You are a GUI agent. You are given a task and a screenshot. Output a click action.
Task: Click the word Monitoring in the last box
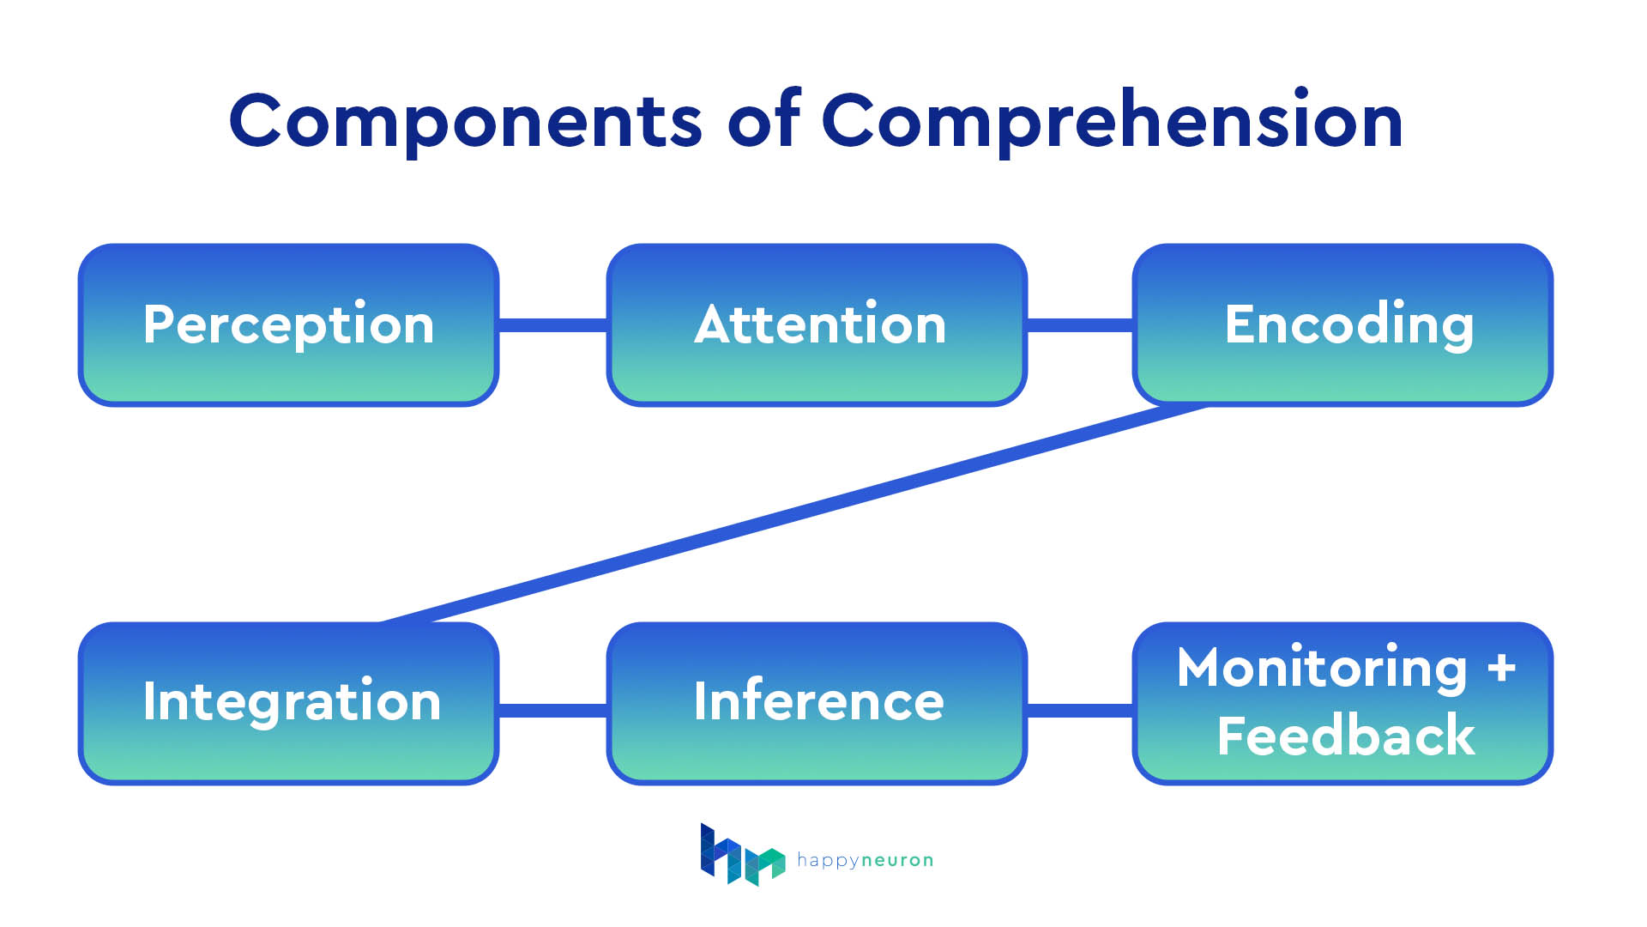[x=1322, y=668]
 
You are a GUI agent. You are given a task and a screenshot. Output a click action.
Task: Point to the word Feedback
[x=1345, y=736]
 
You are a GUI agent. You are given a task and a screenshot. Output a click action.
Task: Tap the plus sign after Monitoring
[x=1502, y=668]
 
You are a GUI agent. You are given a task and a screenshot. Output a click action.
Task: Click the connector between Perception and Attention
[x=552, y=324]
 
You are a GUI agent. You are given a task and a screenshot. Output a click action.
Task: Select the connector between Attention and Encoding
[x=1079, y=324]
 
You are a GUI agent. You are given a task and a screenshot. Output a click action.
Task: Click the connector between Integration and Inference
[x=552, y=710]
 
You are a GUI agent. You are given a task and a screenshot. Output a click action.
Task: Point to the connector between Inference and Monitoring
[x=1079, y=710]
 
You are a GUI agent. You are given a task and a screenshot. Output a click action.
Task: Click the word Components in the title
[x=465, y=122]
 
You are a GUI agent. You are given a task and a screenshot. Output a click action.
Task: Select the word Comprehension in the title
[x=1112, y=122]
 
